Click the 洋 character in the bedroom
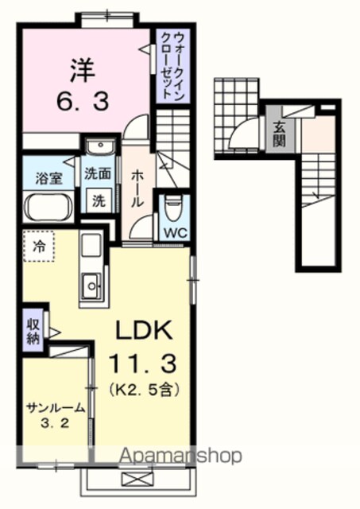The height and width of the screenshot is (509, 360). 83,70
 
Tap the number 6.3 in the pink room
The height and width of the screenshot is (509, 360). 83,101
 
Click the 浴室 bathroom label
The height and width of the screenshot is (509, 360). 49,178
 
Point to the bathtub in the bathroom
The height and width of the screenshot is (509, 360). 48,207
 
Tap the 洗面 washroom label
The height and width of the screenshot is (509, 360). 98,173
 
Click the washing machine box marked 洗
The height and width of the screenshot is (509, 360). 99,201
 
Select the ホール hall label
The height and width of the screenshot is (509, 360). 137,188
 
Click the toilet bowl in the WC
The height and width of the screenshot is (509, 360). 172,208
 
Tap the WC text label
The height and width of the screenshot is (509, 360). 176,232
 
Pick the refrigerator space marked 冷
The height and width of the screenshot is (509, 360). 40,247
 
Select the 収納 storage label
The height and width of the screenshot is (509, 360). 33,332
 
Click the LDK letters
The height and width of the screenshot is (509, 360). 144,330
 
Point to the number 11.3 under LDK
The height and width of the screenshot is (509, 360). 143,363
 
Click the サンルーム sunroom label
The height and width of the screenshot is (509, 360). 56,408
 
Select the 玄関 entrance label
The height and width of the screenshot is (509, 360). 279,134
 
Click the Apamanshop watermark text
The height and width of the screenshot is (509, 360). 181,456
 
